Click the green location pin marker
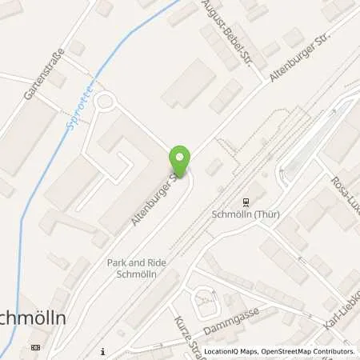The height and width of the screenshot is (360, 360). (180, 162)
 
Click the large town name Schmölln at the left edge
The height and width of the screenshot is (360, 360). (32, 317)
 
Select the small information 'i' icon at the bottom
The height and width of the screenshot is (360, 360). (105, 350)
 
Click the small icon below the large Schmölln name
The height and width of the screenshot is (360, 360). (34, 348)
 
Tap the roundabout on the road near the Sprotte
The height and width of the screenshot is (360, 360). (105, 103)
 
